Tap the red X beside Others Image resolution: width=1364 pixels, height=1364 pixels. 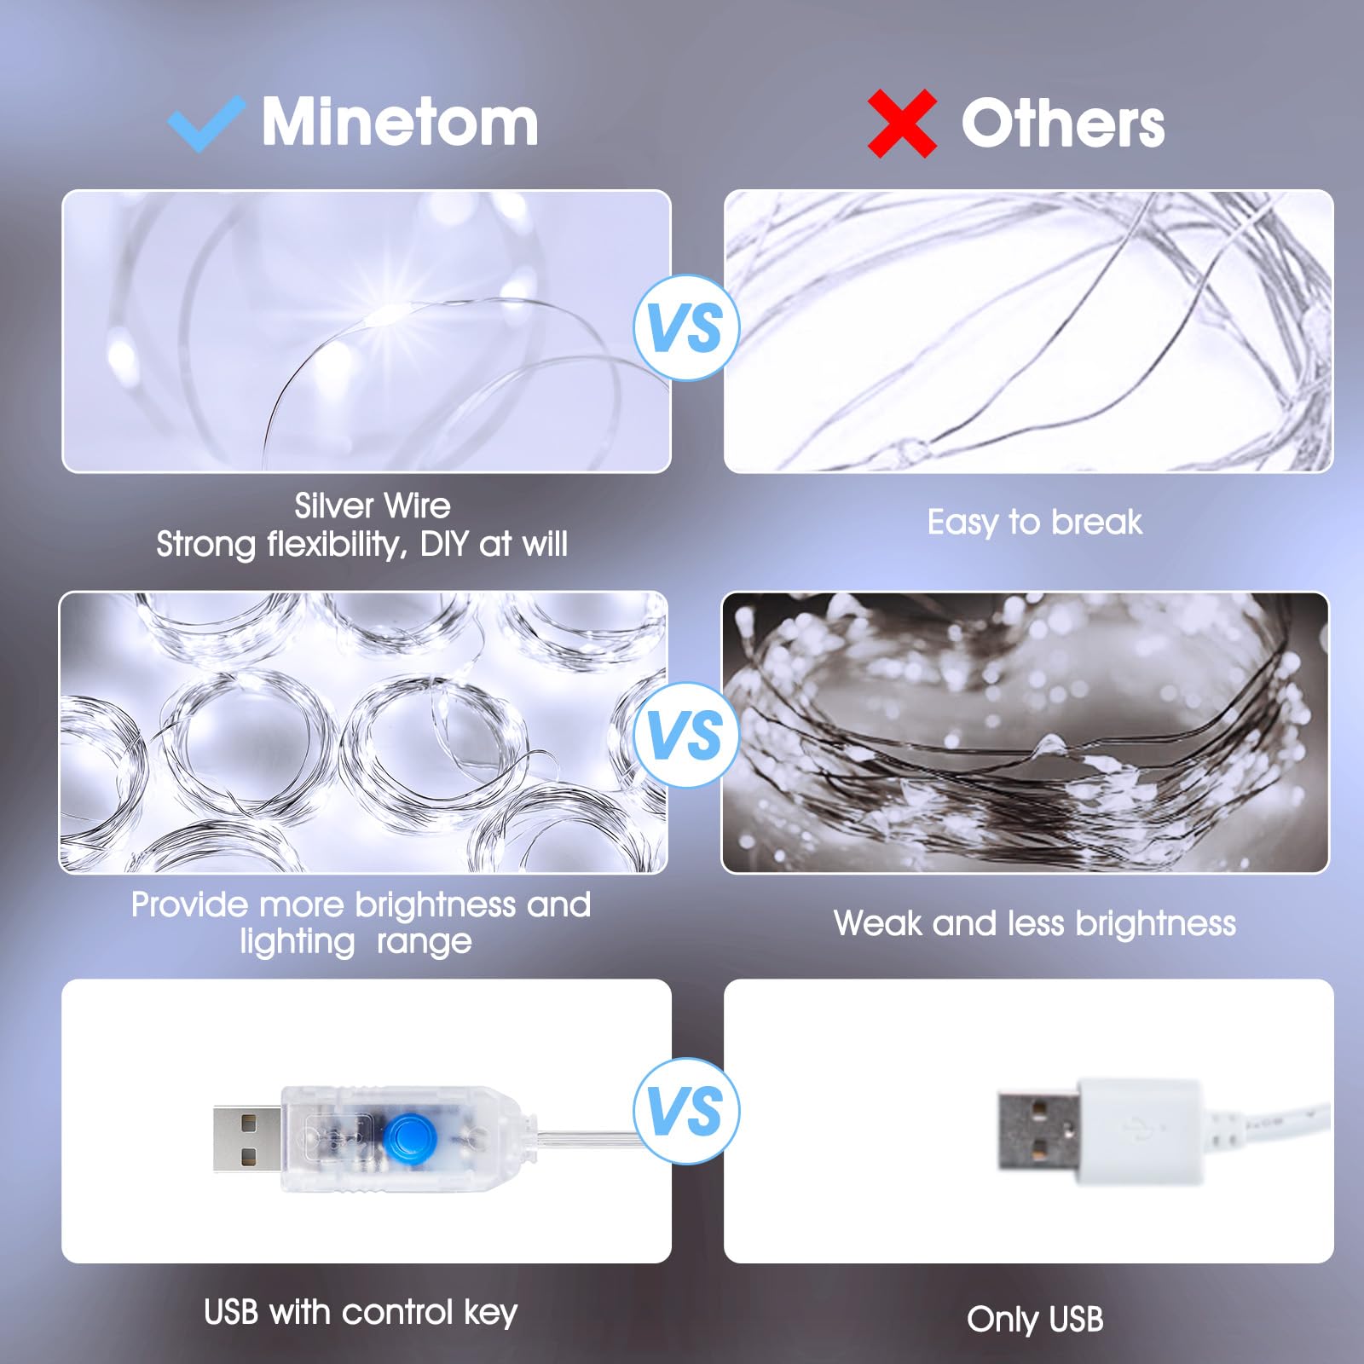pos(902,124)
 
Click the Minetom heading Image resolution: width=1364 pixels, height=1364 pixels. pos(400,122)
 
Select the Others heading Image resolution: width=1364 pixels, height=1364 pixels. pos(1062,124)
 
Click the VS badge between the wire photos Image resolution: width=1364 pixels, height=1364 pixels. pos(685,328)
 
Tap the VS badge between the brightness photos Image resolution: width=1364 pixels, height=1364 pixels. pos(685,735)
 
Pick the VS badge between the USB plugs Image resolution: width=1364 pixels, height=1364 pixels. pos(685,1111)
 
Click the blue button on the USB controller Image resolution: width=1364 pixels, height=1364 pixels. pos(408,1137)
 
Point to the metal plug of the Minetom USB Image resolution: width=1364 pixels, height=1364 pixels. pos(246,1138)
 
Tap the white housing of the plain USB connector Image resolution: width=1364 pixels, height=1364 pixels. pos(1139,1130)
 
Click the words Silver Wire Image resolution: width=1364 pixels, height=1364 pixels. pos(373,506)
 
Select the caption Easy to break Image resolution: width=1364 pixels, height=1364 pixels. pos(1034,522)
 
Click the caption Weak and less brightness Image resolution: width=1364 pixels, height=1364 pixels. pos(1034,923)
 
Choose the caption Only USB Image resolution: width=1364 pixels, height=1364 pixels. pos(1034,1319)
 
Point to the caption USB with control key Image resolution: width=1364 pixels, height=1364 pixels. pos(360,1312)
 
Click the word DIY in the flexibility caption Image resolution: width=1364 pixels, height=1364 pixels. pos(444,544)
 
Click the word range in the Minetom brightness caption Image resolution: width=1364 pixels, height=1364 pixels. pos(424,942)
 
